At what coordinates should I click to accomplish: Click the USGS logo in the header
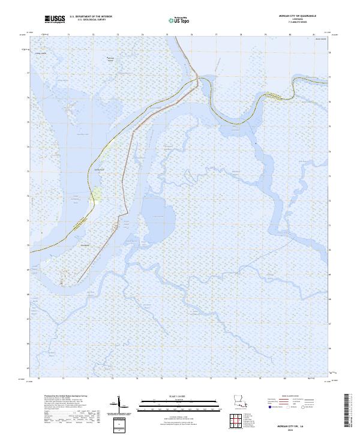point(55,20)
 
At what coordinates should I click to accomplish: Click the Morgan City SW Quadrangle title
point(306,16)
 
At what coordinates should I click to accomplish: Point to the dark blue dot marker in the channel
point(255,144)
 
